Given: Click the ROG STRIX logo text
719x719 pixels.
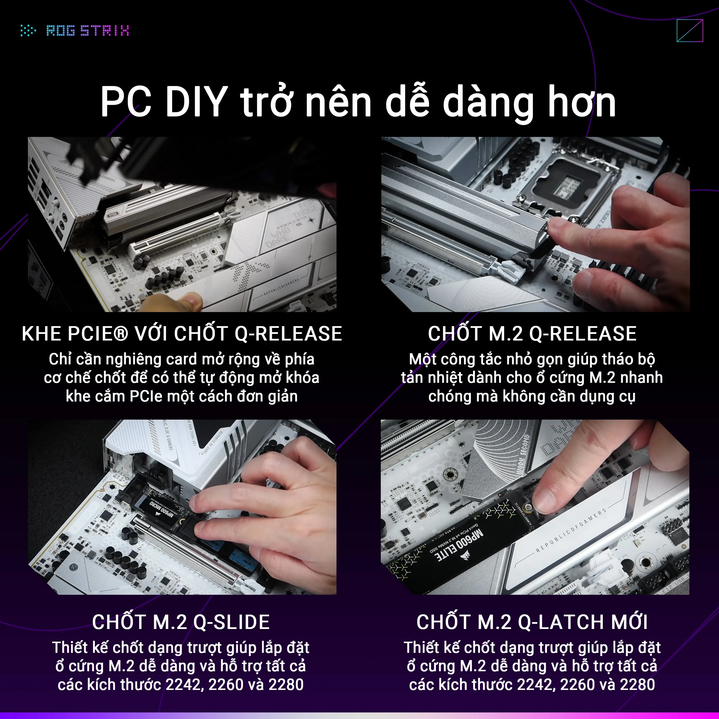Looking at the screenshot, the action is pos(88,30).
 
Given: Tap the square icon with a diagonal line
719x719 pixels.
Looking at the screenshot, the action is pos(690,31).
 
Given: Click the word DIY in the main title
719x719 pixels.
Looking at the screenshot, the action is pos(196,102).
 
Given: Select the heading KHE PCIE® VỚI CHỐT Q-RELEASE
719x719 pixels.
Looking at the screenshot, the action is pos(181,333).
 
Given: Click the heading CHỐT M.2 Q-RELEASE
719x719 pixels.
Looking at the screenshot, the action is pos(532,333).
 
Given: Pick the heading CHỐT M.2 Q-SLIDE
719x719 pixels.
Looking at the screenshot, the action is pos(181,622).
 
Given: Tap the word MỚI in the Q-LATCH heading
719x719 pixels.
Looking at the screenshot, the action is pos(629,622).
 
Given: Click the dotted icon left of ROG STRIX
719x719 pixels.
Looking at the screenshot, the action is pos(28,30).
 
